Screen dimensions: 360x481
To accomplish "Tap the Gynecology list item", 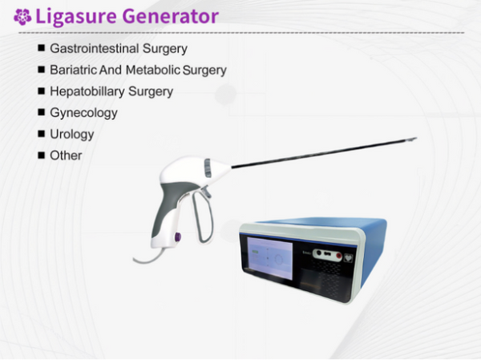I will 83,113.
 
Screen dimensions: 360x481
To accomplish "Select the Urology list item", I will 72,134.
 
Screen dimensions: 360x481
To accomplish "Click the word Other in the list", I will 66,155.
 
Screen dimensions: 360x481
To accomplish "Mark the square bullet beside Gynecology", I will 40,112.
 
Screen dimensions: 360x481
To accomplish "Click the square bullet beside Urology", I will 40,133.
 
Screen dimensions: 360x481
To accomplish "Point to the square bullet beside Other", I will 40,154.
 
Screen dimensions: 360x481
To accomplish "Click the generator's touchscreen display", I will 269,261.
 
